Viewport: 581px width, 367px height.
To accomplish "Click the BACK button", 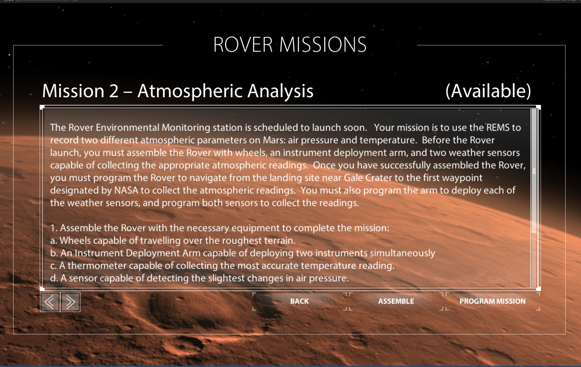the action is [x=299, y=301].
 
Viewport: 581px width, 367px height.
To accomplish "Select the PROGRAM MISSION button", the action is [x=492, y=301].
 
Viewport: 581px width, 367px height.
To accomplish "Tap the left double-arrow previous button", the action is [x=50, y=302].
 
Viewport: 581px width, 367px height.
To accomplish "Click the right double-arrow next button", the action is [x=70, y=302].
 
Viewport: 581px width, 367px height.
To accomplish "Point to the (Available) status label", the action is [x=488, y=91].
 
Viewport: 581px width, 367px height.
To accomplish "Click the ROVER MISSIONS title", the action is [x=290, y=45].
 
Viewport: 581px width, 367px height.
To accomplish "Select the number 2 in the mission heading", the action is [x=114, y=91].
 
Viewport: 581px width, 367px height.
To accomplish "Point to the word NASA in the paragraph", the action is [x=126, y=190].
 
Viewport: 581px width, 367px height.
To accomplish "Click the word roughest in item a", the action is [x=242, y=241].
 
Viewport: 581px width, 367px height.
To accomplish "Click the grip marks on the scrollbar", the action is [x=534, y=171].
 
